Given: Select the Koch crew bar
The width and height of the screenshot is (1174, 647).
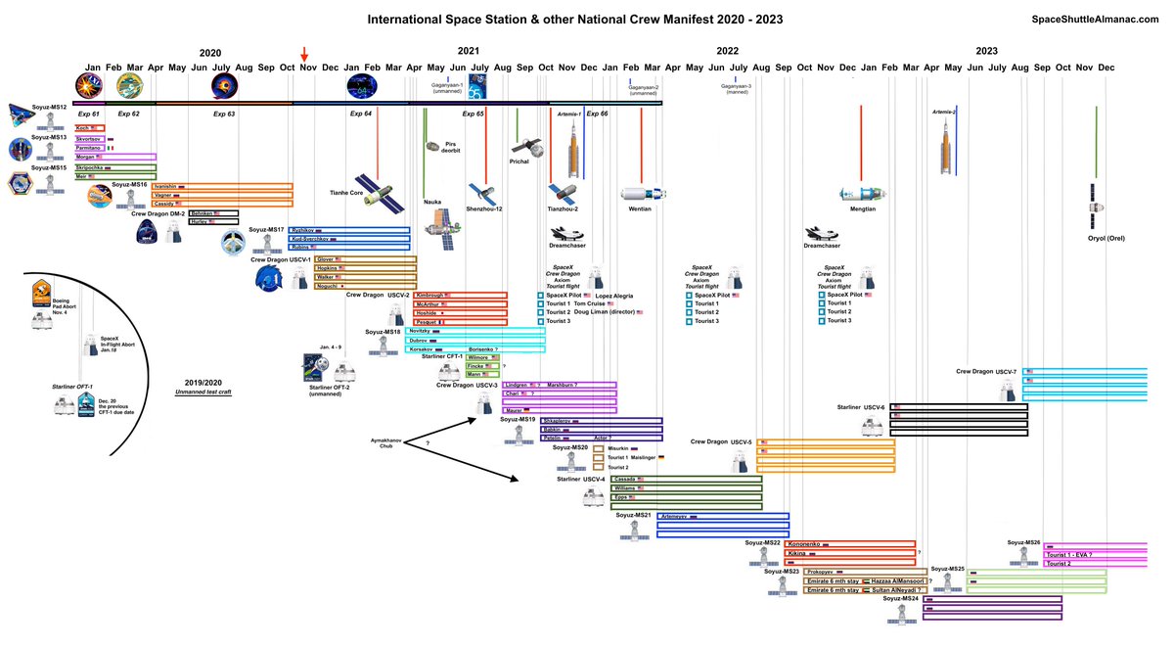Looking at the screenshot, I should click(x=90, y=128).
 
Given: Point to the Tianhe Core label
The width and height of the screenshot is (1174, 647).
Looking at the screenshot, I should click(x=347, y=193).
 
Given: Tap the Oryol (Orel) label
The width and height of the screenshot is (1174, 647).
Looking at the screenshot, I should click(x=1095, y=238).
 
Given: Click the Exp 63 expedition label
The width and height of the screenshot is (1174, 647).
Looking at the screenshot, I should click(x=224, y=115).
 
